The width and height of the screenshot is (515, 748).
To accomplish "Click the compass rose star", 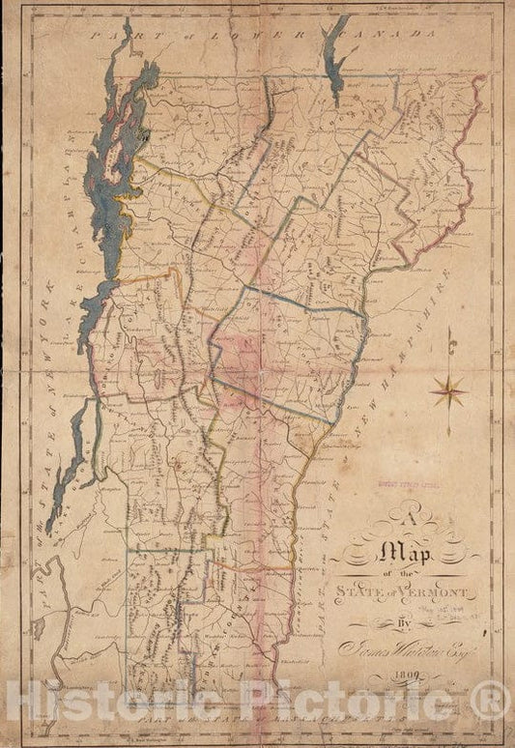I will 447,391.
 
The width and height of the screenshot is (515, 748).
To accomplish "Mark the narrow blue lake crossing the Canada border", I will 337,58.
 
